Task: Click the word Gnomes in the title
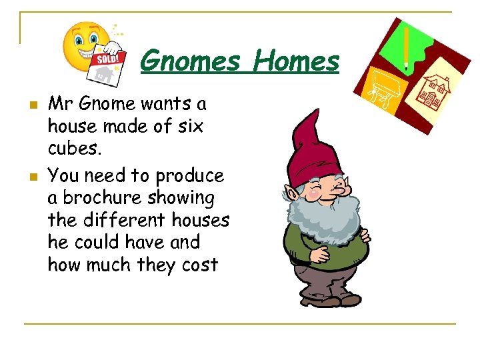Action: click(x=190, y=61)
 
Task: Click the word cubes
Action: click(x=73, y=148)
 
